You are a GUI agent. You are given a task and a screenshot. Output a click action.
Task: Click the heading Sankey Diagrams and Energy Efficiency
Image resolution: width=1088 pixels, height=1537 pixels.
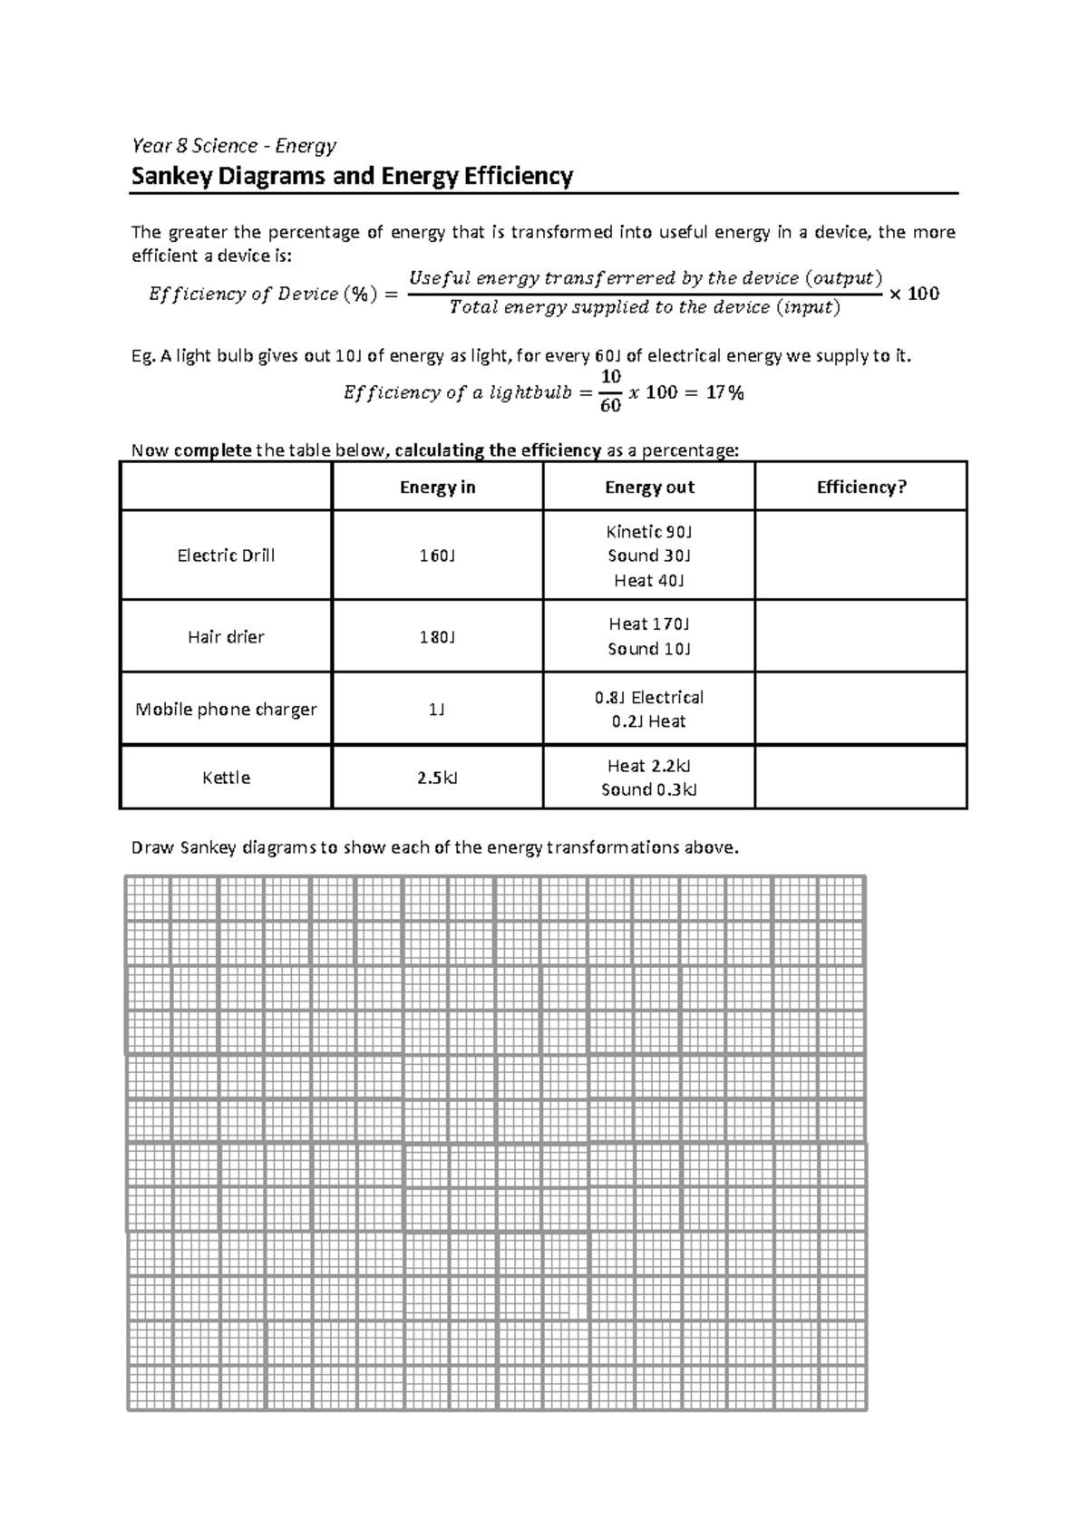[x=352, y=176]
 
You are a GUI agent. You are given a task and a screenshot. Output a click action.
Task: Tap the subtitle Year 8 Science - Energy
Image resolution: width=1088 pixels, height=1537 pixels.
[x=234, y=146]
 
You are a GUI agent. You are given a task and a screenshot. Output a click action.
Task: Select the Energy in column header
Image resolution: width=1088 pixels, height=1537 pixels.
[x=437, y=488]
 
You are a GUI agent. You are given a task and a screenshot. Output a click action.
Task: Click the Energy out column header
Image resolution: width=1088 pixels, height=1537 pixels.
[x=649, y=488]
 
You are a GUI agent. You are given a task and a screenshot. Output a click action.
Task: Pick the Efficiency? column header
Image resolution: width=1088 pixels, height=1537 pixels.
[x=860, y=488]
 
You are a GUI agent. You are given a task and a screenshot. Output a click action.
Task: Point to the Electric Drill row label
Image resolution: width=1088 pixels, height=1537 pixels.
[x=226, y=556]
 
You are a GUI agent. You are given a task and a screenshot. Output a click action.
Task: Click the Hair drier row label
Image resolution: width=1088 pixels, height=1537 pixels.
[x=226, y=637]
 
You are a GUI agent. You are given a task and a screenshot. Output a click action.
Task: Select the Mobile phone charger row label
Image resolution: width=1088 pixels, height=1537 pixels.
[x=226, y=710]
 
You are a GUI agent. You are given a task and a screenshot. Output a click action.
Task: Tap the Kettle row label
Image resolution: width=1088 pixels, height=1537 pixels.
[x=226, y=778]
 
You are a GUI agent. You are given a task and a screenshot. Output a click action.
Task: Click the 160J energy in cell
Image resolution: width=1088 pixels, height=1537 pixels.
[x=437, y=556]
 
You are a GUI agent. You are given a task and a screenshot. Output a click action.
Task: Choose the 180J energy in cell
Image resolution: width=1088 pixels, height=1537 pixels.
[x=437, y=637]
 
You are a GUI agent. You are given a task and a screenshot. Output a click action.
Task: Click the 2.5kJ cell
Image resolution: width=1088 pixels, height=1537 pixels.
[x=437, y=778]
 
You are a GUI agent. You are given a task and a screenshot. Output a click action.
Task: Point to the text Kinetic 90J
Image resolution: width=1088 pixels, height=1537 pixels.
[x=649, y=532]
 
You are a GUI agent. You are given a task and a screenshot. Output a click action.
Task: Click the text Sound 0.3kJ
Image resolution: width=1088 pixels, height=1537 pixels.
[x=649, y=790]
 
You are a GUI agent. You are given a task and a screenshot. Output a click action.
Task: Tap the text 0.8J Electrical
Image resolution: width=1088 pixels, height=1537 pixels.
[x=649, y=698]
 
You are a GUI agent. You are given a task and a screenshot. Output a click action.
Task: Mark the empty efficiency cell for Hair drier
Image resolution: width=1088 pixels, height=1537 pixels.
[x=860, y=636]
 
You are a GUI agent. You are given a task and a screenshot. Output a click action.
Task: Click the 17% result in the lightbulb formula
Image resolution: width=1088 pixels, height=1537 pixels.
[x=725, y=393]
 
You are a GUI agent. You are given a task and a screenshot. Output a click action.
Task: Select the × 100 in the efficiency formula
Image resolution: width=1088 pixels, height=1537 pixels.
[x=914, y=294]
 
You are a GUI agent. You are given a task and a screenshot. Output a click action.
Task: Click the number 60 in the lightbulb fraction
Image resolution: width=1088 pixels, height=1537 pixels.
[x=610, y=406]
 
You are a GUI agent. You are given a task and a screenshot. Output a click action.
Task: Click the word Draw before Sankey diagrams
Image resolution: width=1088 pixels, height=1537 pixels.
[x=152, y=848]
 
